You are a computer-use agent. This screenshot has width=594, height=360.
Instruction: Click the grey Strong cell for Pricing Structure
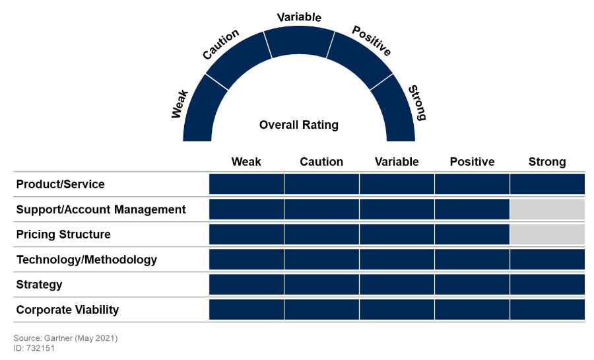[x=547, y=234]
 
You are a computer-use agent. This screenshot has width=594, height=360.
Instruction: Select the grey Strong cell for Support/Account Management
[x=547, y=209]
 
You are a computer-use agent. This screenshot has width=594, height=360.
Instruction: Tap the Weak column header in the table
[x=246, y=162]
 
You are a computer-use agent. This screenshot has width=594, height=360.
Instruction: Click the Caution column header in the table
[x=321, y=162]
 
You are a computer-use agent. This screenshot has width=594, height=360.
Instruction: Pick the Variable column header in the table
[x=397, y=162]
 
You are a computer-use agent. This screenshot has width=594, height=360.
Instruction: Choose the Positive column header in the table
[x=472, y=162]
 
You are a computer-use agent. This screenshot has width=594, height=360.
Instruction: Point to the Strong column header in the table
[x=547, y=162]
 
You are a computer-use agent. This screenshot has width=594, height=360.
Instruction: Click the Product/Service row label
[x=60, y=184]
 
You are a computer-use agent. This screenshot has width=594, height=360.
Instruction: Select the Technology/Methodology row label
[x=86, y=260]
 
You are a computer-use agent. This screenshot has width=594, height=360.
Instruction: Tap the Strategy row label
[x=39, y=285]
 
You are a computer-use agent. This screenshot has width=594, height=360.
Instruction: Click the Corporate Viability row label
[x=67, y=310]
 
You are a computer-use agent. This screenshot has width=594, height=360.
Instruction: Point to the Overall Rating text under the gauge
[x=299, y=125]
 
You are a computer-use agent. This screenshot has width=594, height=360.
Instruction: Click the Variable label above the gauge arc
[x=299, y=17]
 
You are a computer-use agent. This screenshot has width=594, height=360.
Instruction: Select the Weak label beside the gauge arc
[x=180, y=104]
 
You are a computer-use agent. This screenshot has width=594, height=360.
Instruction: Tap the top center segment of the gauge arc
[x=299, y=42]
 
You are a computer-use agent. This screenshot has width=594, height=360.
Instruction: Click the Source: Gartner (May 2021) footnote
[x=65, y=338]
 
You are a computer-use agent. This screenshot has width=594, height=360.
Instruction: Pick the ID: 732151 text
[x=34, y=348]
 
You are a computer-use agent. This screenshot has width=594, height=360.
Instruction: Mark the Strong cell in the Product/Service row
[x=547, y=184]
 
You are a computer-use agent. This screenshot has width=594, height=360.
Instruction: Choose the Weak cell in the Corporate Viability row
[x=246, y=310]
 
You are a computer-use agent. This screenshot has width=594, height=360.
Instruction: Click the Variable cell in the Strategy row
[x=397, y=285]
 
